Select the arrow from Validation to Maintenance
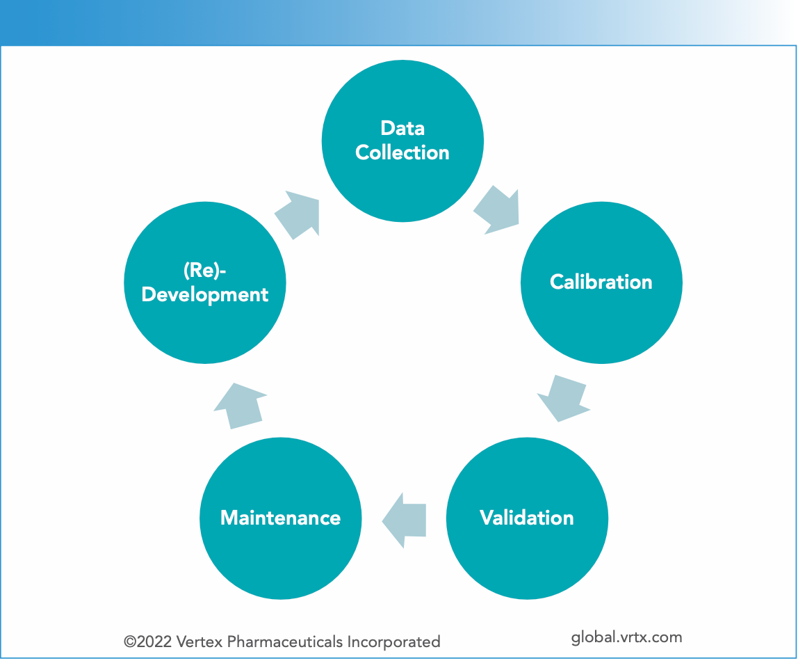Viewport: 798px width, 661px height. pos(405,519)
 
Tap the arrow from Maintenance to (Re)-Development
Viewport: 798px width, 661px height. pos(239,405)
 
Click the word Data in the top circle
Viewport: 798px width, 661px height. pos(402,129)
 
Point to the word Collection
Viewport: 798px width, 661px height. pos(402,153)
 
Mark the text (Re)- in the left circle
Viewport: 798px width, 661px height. pos(204,271)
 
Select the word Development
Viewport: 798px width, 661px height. pos(205,295)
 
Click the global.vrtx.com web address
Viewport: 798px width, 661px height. pos(626,637)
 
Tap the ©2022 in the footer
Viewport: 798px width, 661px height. pos(149,642)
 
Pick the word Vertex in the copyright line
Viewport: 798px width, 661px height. pos(199,642)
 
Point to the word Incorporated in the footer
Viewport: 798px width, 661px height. pos(400,642)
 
